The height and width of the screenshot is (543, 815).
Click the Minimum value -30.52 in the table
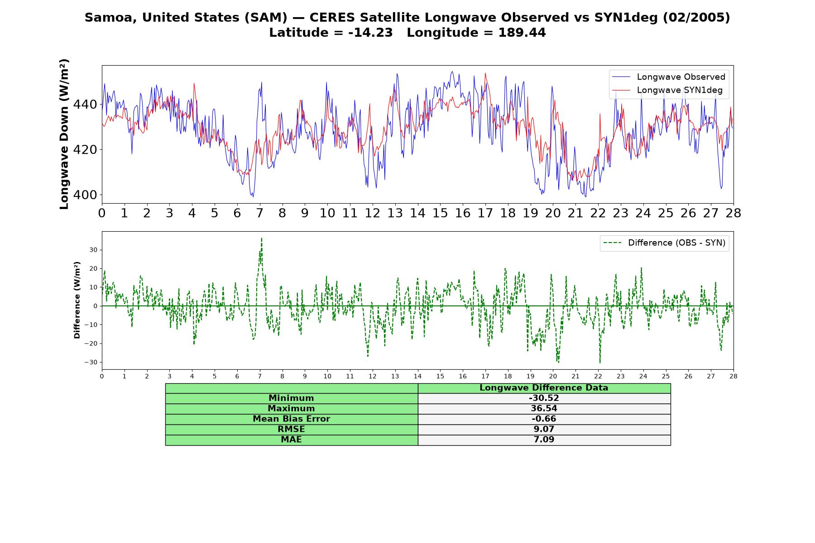544,398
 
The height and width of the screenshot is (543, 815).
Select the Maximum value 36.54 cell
544,409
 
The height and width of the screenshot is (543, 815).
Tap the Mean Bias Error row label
291,419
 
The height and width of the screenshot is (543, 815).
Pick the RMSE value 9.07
544,429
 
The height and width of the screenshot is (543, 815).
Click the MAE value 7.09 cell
544,440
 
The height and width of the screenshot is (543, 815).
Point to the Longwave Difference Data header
544,388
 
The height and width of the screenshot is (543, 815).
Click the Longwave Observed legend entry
669,77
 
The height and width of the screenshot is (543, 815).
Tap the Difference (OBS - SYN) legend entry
665,243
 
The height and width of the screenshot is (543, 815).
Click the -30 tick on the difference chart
91,362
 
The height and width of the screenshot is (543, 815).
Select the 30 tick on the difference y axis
93,250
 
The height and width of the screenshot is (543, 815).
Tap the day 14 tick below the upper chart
417,213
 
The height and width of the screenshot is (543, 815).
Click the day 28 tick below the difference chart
733,376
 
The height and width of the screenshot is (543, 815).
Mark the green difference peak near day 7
262,238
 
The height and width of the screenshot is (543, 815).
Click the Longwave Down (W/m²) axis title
64,134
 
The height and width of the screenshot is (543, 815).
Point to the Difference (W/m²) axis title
77,300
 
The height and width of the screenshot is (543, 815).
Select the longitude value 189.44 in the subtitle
522,33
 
